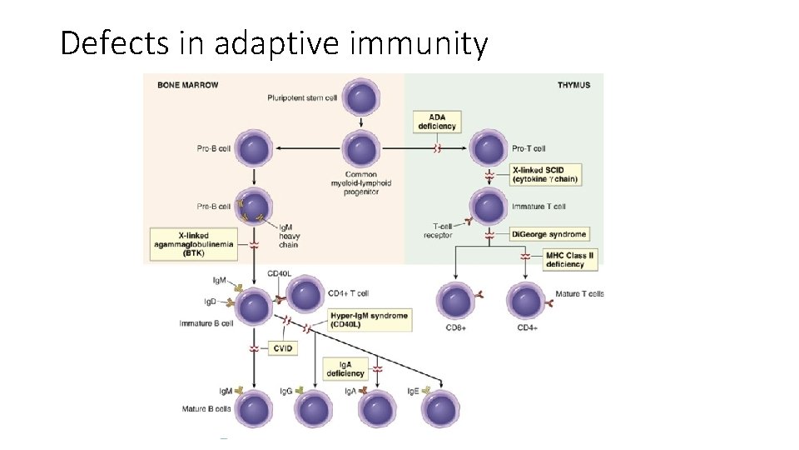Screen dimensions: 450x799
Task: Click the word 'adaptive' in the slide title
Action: click(277, 42)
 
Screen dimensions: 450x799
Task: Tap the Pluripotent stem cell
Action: click(361, 97)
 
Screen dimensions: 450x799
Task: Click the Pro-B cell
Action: click(254, 149)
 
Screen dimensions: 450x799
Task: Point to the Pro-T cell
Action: click(488, 148)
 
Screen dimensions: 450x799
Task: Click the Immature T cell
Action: click(489, 205)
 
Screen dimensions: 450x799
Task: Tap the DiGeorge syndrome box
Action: click(549, 234)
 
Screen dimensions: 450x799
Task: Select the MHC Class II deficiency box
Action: click(570, 259)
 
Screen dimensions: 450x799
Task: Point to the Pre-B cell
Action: click(254, 206)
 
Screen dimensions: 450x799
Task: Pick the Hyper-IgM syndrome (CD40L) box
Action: click(369, 320)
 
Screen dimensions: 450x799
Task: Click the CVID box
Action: click(282, 348)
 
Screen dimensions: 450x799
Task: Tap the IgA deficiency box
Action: click(345, 368)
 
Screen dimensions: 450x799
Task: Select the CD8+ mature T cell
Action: click(456, 299)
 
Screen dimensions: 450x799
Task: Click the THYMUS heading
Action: click(573, 84)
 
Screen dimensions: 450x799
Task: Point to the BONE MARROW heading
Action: click(183, 84)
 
